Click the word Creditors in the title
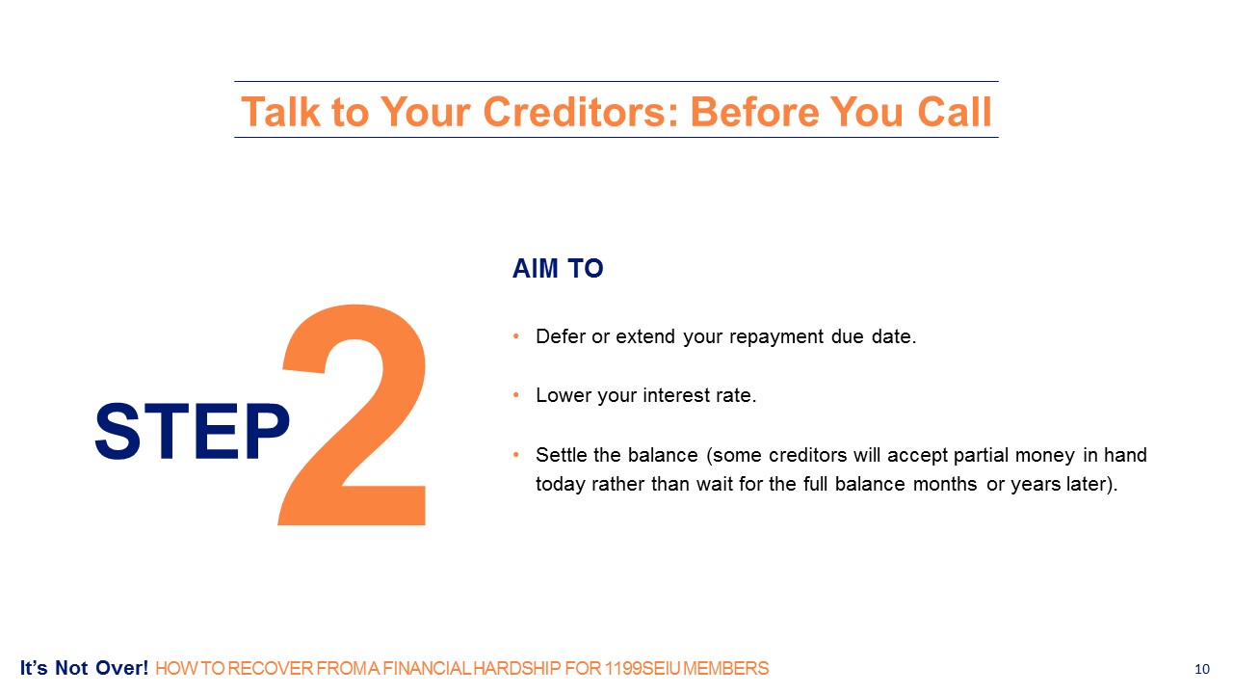(580, 112)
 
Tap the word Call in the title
(955, 112)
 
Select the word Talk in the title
(280, 112)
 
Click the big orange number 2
(353, 414)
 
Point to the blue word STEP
(192, 431)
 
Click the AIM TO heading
(558, 269)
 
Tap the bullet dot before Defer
(515, 335)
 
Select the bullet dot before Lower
(515, 394)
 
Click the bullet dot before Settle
(515, 454)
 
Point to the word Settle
(562, 455)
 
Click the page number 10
(1202, 669)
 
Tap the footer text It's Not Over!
(84, 668)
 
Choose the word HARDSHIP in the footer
(517, 669)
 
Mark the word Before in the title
(754, 112)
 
